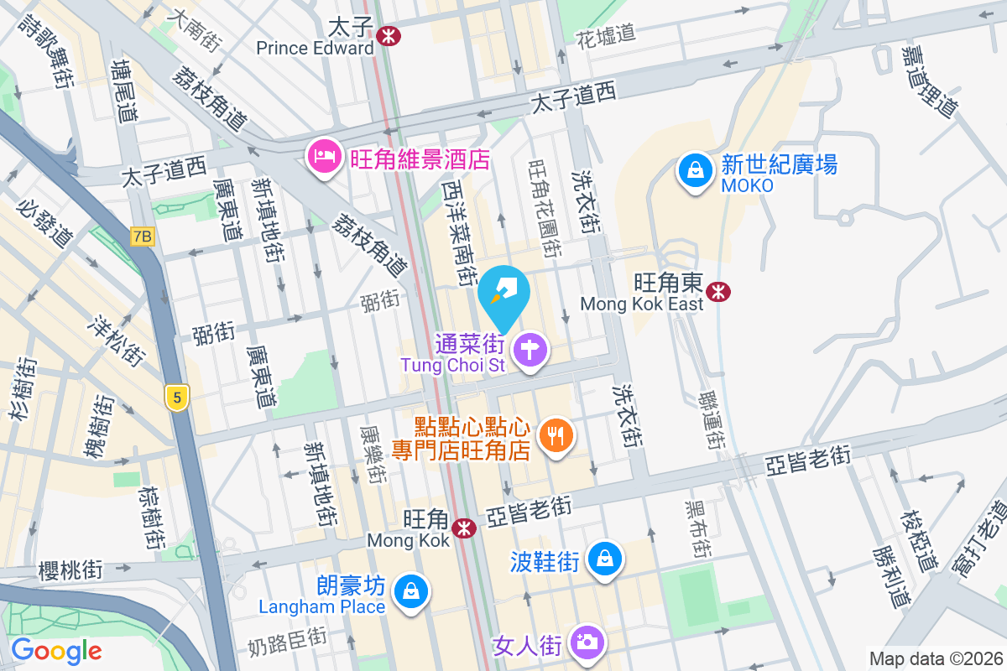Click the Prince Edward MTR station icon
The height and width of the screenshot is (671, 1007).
point(388,35)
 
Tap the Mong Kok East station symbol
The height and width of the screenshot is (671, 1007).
point(717,291)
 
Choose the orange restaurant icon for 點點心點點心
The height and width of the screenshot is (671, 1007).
point(556,434)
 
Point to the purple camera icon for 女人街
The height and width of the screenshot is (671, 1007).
point(586,642)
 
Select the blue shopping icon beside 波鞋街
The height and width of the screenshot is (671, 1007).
point(603,559)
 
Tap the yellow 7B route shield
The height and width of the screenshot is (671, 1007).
point(143,237)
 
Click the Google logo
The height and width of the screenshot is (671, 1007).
point(57,650)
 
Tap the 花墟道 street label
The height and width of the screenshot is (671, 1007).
point(606,35)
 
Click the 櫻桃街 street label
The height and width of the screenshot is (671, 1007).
point(70,571)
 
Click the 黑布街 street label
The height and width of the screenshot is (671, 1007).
point(696,529)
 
